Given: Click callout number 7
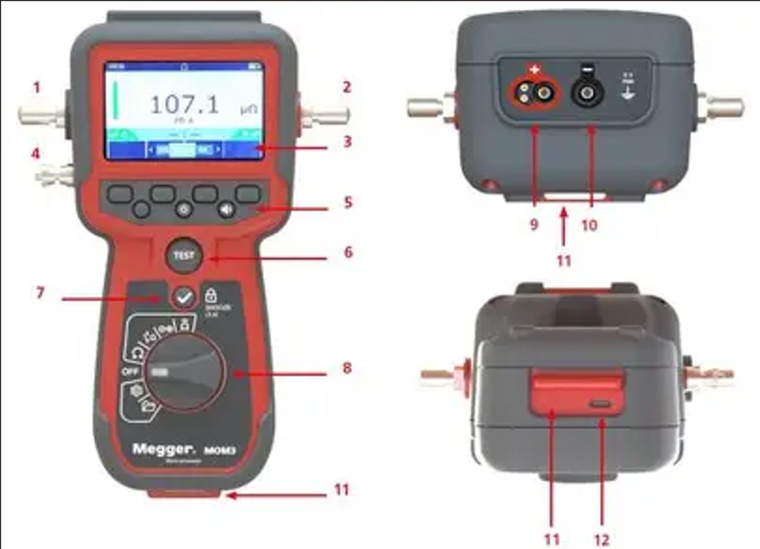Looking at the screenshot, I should tap(38, 289).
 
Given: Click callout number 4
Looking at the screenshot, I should tap(36, 153).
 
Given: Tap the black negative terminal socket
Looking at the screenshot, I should tap(584, 91).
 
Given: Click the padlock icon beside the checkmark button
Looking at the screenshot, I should tap(211, 295).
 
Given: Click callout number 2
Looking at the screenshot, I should tap(346, 87).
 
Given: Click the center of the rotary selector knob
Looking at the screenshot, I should tap(185, 371).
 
